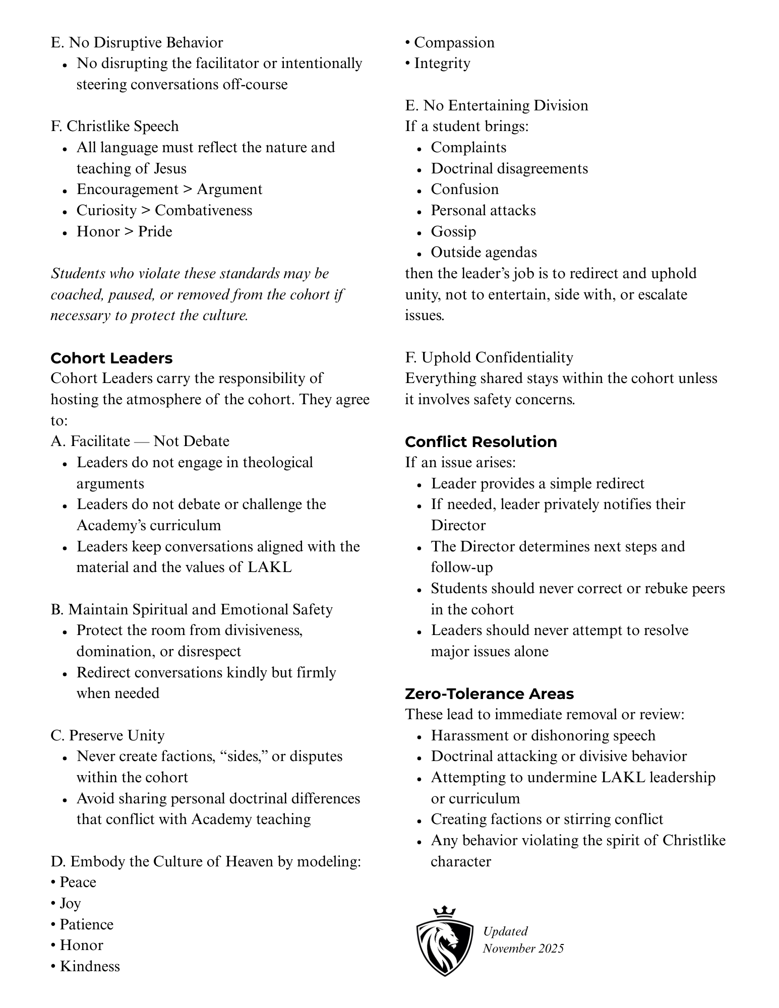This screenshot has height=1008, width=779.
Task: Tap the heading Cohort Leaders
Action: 111,358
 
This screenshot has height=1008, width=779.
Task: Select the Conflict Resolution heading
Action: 481,442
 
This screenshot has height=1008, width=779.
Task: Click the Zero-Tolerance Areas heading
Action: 489,694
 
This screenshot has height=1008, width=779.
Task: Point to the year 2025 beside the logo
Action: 550,949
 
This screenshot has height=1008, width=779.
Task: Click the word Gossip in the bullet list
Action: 453,231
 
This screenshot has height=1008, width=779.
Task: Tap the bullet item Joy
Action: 70,903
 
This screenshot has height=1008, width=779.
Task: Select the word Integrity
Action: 442,64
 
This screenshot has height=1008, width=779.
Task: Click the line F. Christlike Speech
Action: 114,126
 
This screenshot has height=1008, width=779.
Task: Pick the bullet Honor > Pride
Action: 124,231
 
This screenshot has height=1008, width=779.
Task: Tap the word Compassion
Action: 454,42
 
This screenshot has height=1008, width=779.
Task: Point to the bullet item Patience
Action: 86,924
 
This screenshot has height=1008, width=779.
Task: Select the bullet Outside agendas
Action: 484,252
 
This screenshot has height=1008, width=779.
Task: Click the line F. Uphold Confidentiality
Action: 489,357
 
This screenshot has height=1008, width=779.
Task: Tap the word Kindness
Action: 90,966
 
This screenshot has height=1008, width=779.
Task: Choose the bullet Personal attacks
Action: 483,210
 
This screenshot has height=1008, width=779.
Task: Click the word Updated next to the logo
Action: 505,931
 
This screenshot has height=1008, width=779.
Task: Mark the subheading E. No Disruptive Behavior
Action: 137,42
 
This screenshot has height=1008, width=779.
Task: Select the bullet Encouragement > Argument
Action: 169,189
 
